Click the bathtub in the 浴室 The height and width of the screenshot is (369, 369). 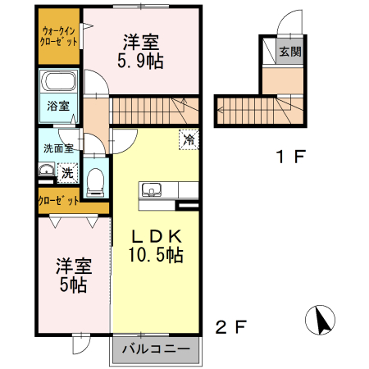pos(58,82)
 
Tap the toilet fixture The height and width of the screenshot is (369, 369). pos(95,180)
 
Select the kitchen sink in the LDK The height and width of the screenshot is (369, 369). pos(152,191)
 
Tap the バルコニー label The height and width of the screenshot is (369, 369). pos(156,350)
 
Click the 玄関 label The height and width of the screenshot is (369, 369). pos(289,52)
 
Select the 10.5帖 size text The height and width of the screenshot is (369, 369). pos(155,255)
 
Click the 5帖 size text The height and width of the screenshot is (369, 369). pos(72,285)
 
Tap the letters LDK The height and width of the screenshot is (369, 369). pos(155,236)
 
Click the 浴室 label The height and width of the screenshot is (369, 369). pos(57,107)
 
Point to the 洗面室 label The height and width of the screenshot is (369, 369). pos(58,148)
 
